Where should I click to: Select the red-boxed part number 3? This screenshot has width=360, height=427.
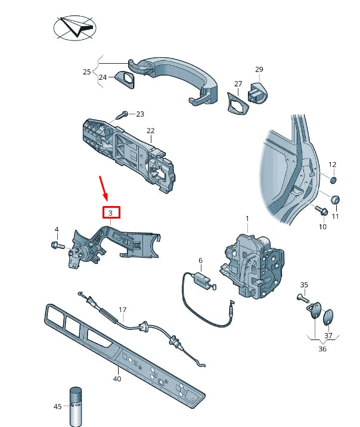point(111,213)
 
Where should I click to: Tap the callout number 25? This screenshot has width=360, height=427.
point(87,72)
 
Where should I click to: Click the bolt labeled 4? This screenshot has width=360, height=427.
point(58,244)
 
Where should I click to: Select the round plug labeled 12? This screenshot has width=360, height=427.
point(334,179)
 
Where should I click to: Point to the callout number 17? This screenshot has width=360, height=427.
point(123,310)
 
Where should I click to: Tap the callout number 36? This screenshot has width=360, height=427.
point(322,348)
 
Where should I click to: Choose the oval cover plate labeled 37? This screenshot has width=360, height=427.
point(328,317)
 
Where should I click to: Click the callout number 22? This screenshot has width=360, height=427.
point(151,130)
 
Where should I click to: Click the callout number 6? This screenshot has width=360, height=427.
point(200,260)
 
